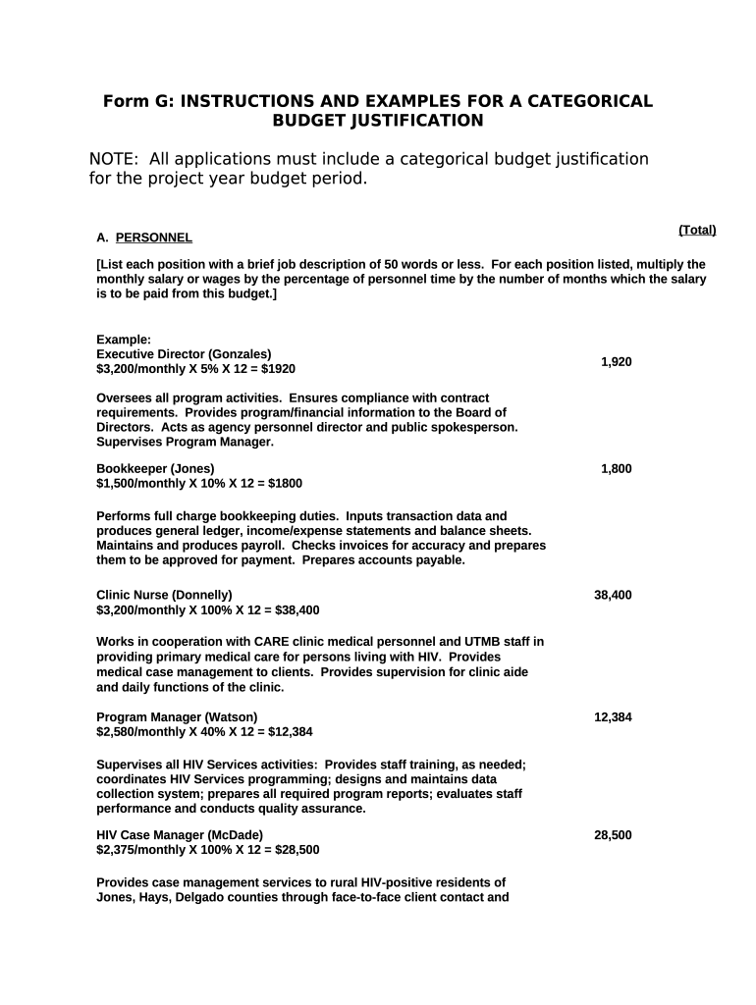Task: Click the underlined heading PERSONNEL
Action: pos(154,238)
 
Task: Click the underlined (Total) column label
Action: pos(697,230)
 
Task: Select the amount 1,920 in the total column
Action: pos(617,362)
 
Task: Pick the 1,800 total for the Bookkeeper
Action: pos(617,469)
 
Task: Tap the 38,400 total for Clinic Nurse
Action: pos(613,595)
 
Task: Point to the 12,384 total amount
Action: pos(613,717)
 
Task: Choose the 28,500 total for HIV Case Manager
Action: pos(613,835)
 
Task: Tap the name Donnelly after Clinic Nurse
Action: pos(203,595)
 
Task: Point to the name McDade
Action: pos(234,835)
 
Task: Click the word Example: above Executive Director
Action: pos(124,340)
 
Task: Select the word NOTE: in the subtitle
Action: pos(113,159)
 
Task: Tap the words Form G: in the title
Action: pos(137,102)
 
